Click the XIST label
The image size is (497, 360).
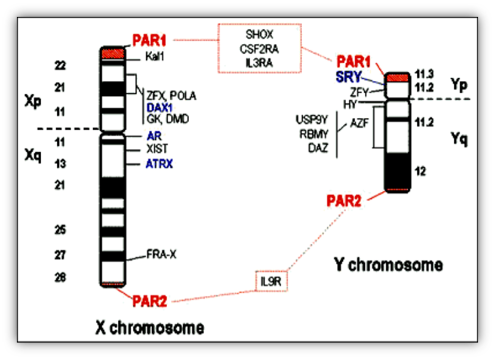(157, 149)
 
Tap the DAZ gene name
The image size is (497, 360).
(317, 148)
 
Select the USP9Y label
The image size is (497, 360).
(312, 120)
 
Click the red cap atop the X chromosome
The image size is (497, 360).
(112, 53)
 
